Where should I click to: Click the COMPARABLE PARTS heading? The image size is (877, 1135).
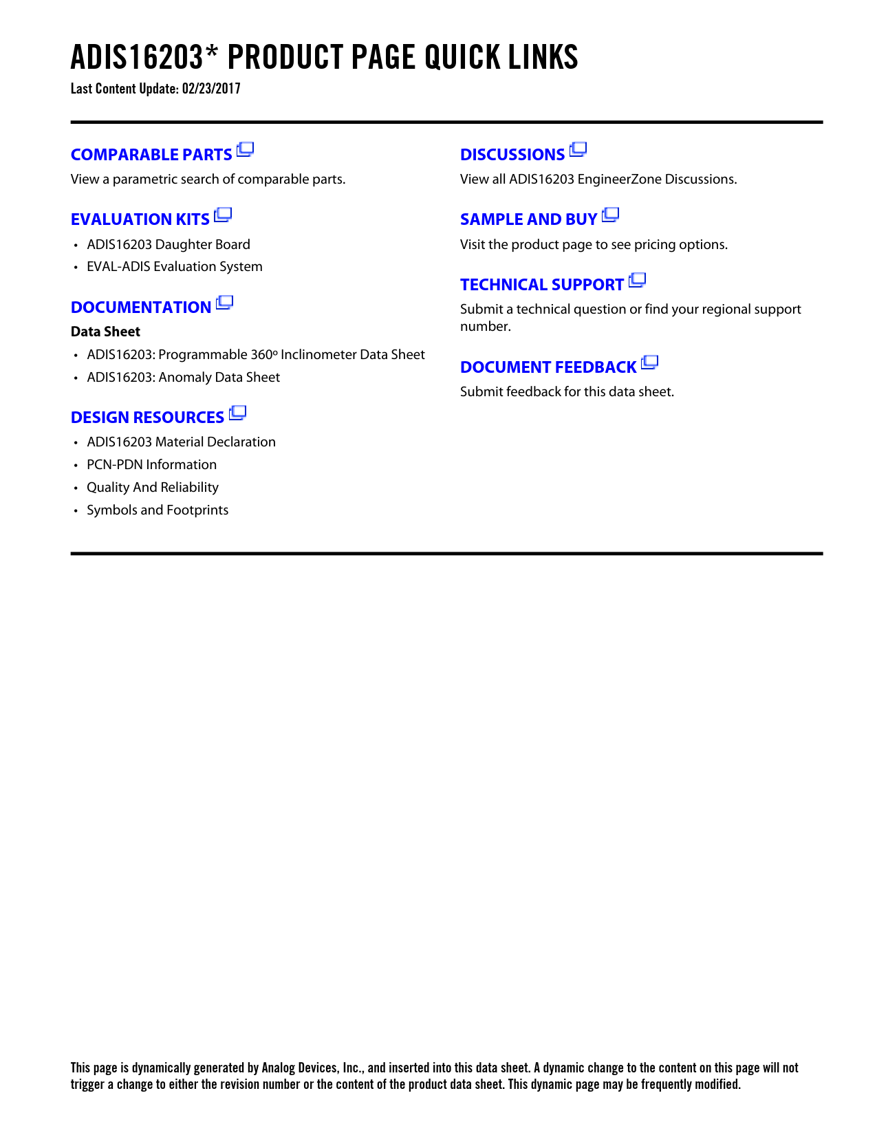(x=151, y=155)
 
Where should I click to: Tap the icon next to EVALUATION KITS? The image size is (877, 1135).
(x=223, y=215)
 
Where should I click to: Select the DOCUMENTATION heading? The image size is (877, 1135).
(x=141, y=307)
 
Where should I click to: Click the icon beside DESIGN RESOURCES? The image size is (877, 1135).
(x=237, y=413)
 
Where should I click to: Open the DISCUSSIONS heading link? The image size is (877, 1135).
(x=512, y=155)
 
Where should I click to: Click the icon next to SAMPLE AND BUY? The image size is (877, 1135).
(x=610, y=215)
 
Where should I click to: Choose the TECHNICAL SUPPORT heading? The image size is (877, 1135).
(x=542, y=285)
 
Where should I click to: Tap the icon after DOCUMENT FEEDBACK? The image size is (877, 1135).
(x=649, y=363)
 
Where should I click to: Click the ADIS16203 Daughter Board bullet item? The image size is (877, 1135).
(x=169, y=244)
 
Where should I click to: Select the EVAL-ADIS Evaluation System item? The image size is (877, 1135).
(x=175, y=266)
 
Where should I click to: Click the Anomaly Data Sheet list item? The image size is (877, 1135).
(x=184, y=377)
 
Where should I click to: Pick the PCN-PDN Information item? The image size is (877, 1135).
(x=151, y=464)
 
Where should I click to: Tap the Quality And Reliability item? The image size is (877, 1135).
(x=153, y=487)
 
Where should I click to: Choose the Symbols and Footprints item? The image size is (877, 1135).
(x=158, y=510)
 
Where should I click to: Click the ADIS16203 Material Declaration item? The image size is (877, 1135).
(x=181, y=442)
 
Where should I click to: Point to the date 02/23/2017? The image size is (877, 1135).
(x=211, y=89)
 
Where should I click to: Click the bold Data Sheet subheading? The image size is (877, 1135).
(x=105, y=332)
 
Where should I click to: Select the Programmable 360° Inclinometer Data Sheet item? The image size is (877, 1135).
(x=256, y=354)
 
